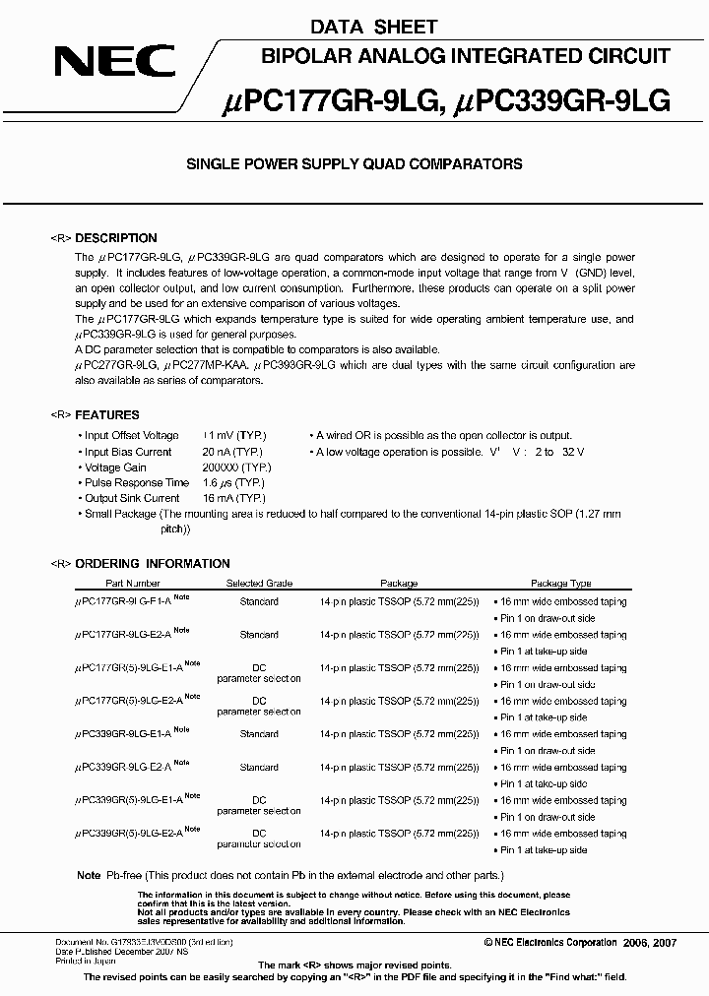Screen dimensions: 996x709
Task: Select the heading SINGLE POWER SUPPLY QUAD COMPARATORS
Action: click(354, 164)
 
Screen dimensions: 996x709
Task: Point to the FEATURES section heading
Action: click(107, 415)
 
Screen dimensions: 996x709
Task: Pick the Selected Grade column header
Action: click(259, 584)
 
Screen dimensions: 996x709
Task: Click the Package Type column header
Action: click(560, 584)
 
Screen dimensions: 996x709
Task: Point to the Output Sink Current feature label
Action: click(132, 499)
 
